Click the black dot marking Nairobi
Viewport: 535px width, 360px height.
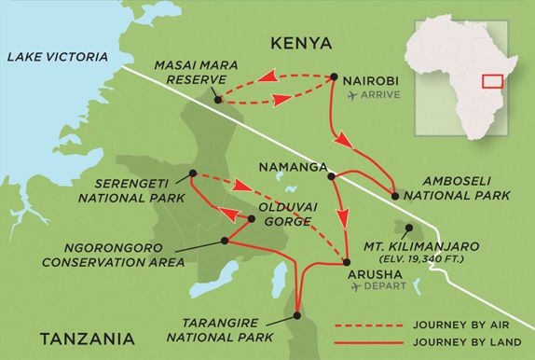pos(334,77)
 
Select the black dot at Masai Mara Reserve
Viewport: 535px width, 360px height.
pos(217,100)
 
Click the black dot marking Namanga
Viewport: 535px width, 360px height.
pos(331,172)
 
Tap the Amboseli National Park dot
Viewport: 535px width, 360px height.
pos(395,197)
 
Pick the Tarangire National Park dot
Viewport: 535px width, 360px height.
pos(297,316)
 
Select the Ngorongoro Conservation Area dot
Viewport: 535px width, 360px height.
pos(224,241)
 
